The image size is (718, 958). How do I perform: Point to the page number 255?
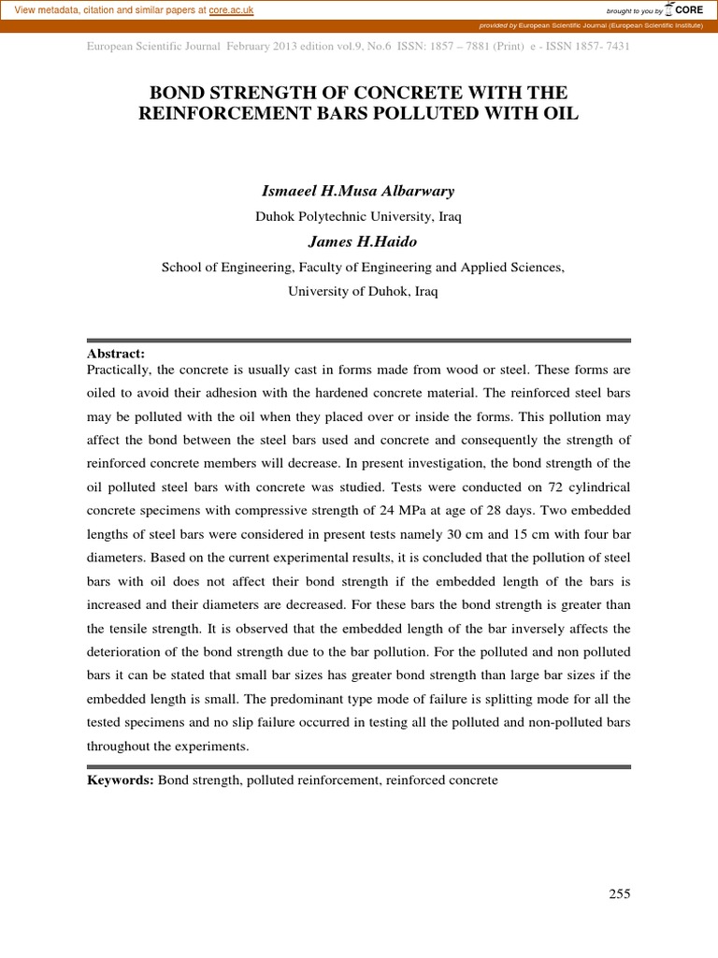620,893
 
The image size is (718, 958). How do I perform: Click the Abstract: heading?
116,353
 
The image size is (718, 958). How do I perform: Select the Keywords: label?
121,779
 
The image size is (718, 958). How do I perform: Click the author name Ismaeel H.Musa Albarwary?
359,191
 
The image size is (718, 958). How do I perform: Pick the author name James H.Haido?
359,241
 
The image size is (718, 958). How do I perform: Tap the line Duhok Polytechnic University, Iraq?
359,216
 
